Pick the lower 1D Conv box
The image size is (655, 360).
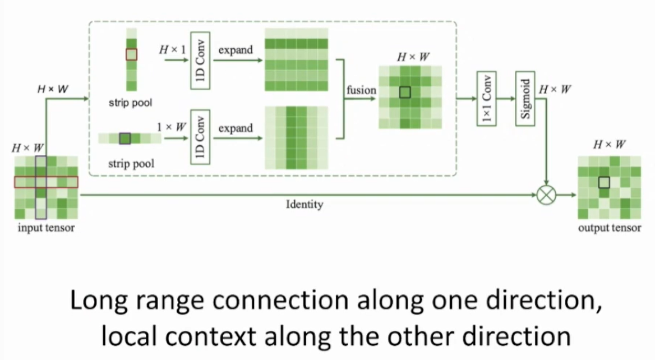200,137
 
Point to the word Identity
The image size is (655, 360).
305,204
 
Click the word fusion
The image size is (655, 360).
362,90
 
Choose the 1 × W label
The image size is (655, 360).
172,127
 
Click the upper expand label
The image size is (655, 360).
236,50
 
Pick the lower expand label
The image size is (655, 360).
236,128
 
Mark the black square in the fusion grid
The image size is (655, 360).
405,92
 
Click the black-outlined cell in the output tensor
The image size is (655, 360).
603,182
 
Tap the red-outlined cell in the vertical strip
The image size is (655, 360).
131,54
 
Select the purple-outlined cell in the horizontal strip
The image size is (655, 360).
125,138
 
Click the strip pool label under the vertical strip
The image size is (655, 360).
131,103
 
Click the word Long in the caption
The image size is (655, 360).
94,302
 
